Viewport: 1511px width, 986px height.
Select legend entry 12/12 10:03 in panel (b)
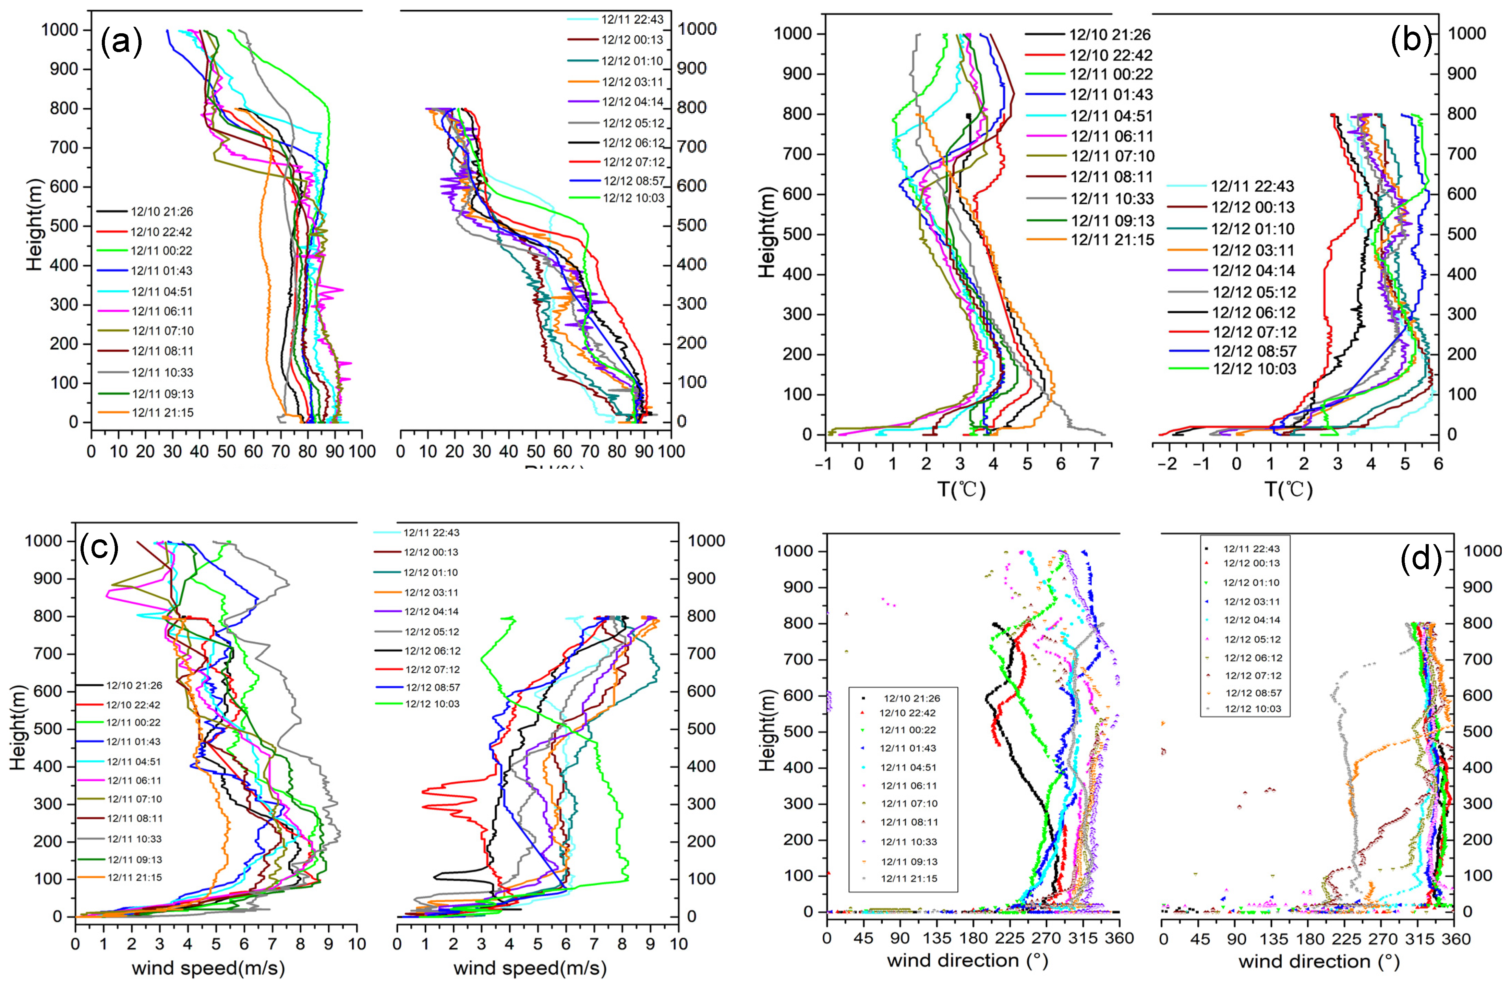pyautogui.click(x=1254, y=369)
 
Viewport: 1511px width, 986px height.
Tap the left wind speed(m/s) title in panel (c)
pyautogui.click(x=208, y=968)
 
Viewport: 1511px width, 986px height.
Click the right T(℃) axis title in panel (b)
pyautogui.click(x=1289, y=489)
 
